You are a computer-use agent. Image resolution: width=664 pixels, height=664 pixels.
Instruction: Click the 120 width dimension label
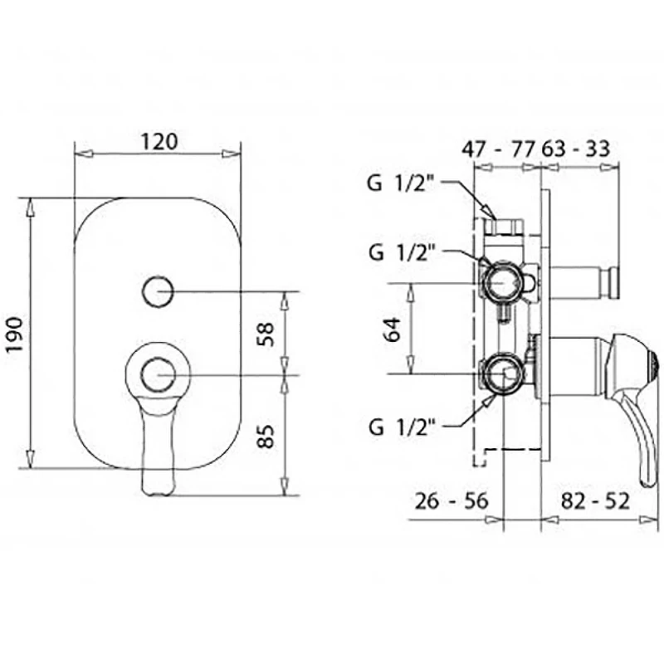click(x=159, y=142)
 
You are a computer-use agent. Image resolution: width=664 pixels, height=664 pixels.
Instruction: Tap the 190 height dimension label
click(x=15, y=334)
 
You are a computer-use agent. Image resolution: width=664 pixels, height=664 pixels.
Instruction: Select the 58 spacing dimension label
click(x=266, y=334)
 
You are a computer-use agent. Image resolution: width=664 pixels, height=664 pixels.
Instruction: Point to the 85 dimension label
click(x=266, y=437)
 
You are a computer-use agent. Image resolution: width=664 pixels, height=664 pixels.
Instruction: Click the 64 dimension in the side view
click(x=392, y=329)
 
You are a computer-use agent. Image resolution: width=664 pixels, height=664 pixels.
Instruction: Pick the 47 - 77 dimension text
click(x=499, y=149)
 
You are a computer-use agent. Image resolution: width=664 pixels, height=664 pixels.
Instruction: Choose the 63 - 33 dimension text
click(x=576, y=149)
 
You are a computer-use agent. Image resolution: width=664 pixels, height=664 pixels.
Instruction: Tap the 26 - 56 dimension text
click(x=452, y=501)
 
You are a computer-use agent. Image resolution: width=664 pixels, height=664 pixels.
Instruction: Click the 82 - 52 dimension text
click(x=595, y=501)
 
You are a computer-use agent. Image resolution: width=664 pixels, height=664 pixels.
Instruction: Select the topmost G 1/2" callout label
click(x=401, y=183)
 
